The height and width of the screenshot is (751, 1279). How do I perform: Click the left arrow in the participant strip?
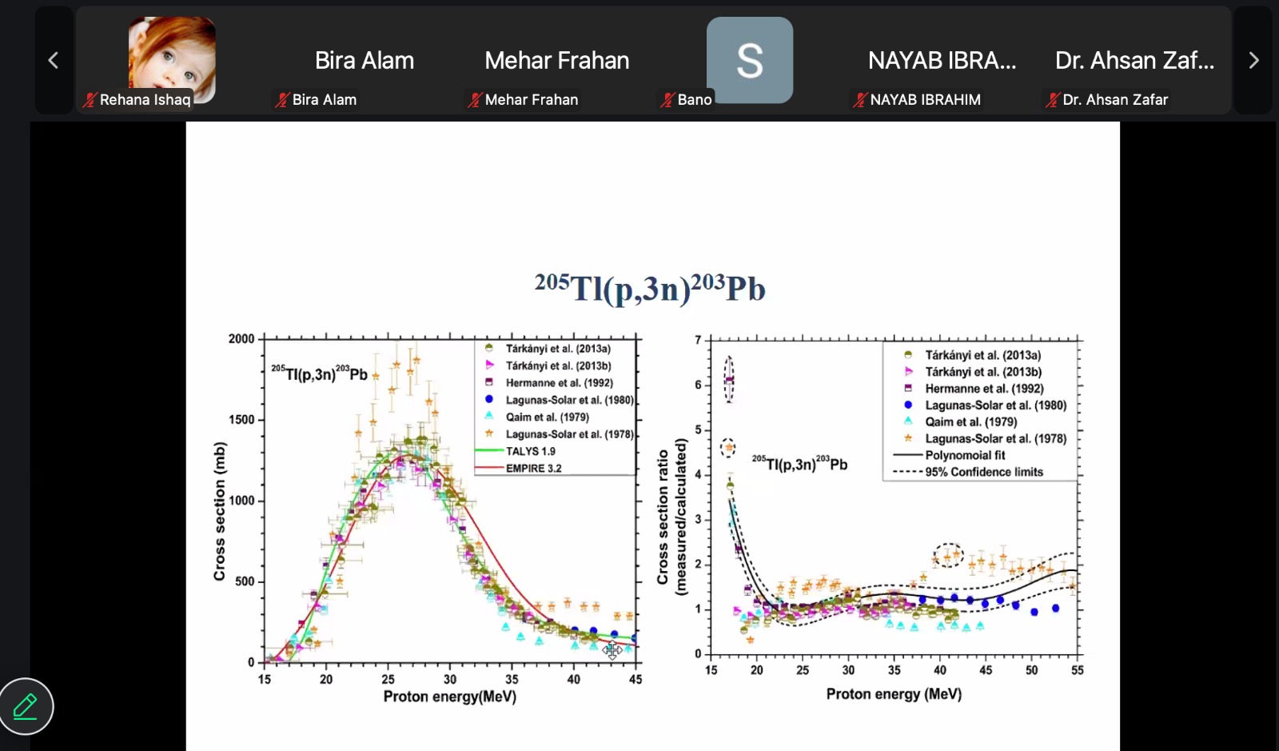point(53,60)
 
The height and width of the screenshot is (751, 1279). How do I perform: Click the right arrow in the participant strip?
point(1254,60)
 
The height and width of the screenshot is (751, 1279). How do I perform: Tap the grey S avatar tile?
point(750,60)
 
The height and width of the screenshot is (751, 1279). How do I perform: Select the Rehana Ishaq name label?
point(145,100)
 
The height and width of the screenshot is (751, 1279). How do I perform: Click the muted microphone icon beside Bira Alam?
point(281,101)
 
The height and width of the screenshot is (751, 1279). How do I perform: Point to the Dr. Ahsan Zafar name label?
point(1115,100)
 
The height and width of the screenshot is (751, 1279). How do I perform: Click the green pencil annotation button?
point(26,706)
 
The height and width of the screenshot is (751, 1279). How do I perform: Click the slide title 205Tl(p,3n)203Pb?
point(650,288)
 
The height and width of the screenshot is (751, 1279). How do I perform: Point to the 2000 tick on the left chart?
point(241,338)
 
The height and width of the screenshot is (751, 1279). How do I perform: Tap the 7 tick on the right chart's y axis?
point(698,341)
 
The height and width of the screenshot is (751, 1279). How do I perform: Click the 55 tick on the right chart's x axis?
point(1077,670)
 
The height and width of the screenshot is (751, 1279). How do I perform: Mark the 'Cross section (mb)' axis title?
point(219,511)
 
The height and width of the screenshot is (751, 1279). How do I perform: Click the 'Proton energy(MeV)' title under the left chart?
point(450,697)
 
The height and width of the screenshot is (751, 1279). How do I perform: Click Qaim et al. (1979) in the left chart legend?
point(548,417)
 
